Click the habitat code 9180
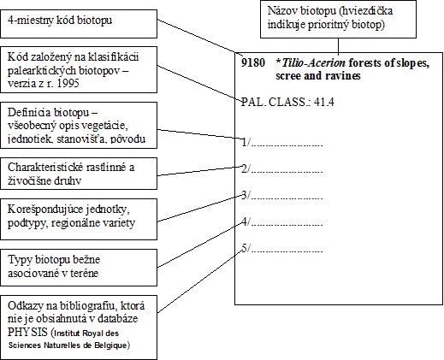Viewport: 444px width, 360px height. click(x=253, y=62)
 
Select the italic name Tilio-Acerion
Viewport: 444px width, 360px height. click(x=313, y=62)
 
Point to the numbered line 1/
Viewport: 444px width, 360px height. click(x=282, y=142)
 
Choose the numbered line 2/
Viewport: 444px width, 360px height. click(x=282, y=168)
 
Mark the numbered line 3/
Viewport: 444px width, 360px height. click(x=282, y=195)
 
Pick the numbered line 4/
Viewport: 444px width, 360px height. click(x=282, y=221)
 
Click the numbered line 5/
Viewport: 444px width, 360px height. click(x=282, y=248)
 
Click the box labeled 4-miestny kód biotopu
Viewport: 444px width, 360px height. click(x=79, y=24)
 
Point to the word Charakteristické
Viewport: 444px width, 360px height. click(x=42, y=167)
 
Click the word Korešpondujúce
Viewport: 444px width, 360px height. click(x=40, y=210)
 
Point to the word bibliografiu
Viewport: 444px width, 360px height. click(x=87, y=306)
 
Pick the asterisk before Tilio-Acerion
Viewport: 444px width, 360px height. click(x=278, y=62)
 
